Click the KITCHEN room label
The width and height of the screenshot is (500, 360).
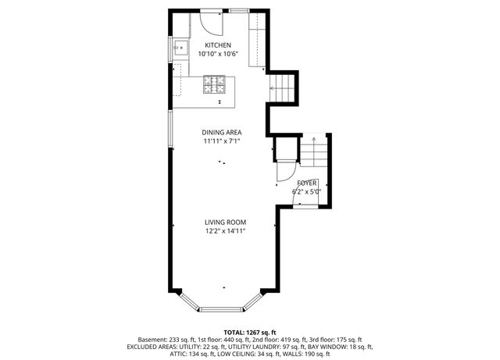(218, 45)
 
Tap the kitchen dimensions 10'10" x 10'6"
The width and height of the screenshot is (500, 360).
(218, 54)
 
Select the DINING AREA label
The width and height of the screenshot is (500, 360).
(222, 132)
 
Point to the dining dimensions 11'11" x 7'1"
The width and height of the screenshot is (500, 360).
(222, 141)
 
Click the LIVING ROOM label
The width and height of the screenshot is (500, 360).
(225, 223)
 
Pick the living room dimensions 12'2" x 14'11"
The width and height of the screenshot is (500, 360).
(225, 231)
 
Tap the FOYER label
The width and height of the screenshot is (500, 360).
(307, 183)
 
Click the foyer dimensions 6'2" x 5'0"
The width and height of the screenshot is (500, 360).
(306, 191)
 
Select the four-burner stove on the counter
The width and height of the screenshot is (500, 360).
(214, 84)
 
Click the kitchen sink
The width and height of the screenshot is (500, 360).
(180, 48)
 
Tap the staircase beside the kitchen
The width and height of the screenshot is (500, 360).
(282, 88)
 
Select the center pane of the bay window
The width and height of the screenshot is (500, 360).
(221, 309)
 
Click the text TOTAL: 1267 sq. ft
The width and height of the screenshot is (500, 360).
(250, 333)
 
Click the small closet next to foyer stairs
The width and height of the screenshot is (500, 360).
(287, 148)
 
